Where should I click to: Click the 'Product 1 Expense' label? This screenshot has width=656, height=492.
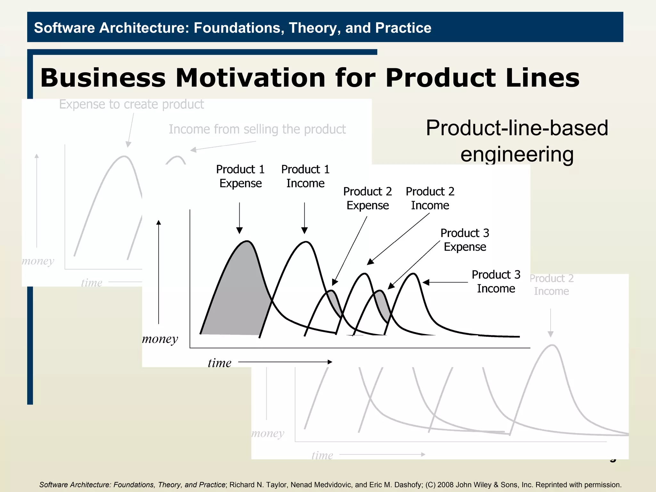click(x=240, y=176)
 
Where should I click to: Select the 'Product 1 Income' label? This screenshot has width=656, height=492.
click(x=305, y=176)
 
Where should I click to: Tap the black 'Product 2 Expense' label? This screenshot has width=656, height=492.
click(x=367, y=198)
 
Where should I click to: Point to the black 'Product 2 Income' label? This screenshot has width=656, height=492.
click(x=430, y=198)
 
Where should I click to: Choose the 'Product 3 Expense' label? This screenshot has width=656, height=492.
click(x=465, y=240)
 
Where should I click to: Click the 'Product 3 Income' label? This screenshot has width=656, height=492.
click(x=496, y=282)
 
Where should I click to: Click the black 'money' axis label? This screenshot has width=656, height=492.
click(x=160, y=339)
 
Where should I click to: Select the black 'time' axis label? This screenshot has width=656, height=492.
click(x=219, y=363)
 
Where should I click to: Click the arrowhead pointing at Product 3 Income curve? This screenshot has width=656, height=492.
click(x=426, y=282)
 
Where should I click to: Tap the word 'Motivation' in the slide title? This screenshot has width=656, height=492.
click(x=250, y=78)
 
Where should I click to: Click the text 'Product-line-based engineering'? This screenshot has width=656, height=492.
click(x=517, y=141)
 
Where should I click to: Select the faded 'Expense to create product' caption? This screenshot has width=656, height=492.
click(x=131, y=104)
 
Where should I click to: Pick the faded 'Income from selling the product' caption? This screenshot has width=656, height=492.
click(x=257, y=129)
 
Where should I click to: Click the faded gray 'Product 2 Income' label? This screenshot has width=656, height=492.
click(x=551, y=285)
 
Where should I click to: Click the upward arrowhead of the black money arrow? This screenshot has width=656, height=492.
click(x=159, y=223)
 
